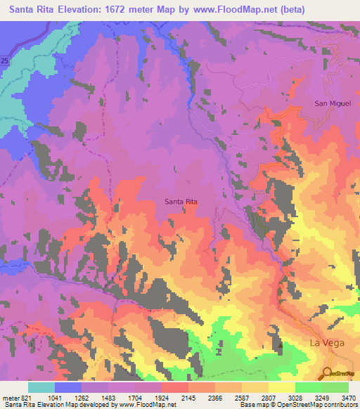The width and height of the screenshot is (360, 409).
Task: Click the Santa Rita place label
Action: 181,202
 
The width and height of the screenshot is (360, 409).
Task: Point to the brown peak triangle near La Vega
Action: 280,345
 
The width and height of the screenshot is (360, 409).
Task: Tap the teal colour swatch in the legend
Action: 41,387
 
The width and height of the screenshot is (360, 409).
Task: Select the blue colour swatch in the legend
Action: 68,387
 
